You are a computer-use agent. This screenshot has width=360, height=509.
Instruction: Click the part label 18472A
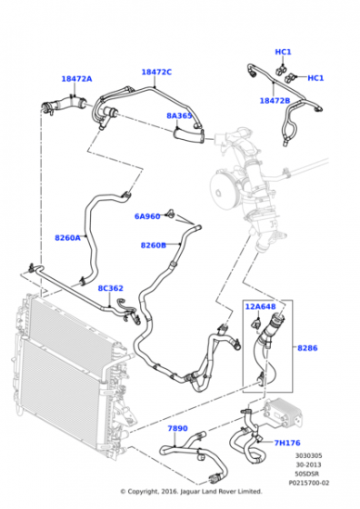click(x=76, y=79)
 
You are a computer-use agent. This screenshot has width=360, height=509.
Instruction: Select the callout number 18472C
click(x=155, y=72)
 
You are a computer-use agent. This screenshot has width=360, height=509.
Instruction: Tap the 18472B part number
click(x=274, y=100)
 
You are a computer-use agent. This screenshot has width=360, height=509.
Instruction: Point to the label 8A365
click(x=178, y=116)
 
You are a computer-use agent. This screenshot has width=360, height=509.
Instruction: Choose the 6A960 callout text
click(x=147, y=216)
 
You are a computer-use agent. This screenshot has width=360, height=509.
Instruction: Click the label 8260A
click(x=67, y=237)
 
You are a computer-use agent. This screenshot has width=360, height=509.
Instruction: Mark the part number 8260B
click(x=152, y=245)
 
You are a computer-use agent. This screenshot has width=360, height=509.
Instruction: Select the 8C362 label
click(x=110, y=288)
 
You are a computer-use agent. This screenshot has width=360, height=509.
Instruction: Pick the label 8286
click(x=308, y=348)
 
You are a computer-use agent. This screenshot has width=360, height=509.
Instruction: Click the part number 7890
click(x=176, y=427)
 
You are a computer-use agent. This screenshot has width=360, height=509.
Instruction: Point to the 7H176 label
click(x=287, y=443)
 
